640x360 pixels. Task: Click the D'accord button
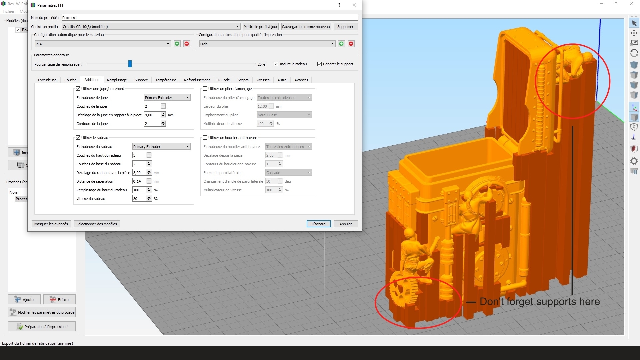coord(318,224)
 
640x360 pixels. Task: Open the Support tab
coord(141,80)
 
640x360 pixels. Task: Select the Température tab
coord(166,80)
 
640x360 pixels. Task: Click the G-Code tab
coord(224,80)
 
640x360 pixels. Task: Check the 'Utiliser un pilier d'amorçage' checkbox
coord(205,89)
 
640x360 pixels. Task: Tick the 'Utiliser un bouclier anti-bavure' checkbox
coord(205,138)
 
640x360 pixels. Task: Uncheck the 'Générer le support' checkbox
coord(319,64)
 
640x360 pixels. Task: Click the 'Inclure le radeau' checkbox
coord(276,64)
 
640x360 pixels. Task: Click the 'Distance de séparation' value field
coord(139,181)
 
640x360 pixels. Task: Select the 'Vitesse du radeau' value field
coord(139,199)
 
